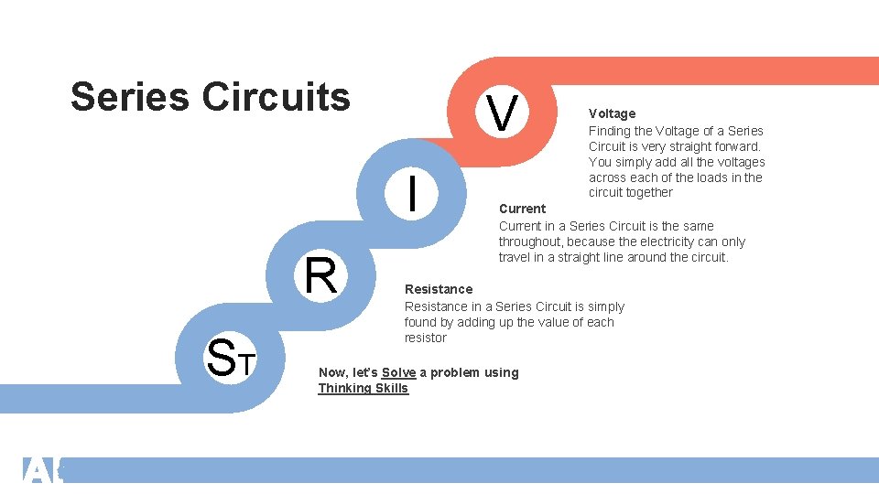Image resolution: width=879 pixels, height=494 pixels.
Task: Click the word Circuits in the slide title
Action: point(276,96)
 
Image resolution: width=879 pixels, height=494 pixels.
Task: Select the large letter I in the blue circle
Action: point(415,194)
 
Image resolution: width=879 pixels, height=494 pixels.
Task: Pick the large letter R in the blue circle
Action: point(320,276)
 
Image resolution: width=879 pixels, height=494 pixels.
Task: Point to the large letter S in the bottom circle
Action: point(222,358)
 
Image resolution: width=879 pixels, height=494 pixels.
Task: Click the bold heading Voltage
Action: point(612,113)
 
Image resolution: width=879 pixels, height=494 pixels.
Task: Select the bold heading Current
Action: point(522,209)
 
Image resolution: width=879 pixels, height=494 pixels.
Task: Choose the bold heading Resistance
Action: point(439,289)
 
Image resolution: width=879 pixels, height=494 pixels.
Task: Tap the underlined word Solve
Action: point(398,372)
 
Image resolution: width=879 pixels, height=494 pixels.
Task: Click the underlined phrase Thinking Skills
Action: point(363,388)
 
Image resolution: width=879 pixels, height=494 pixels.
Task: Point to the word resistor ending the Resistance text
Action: point(425,338)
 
